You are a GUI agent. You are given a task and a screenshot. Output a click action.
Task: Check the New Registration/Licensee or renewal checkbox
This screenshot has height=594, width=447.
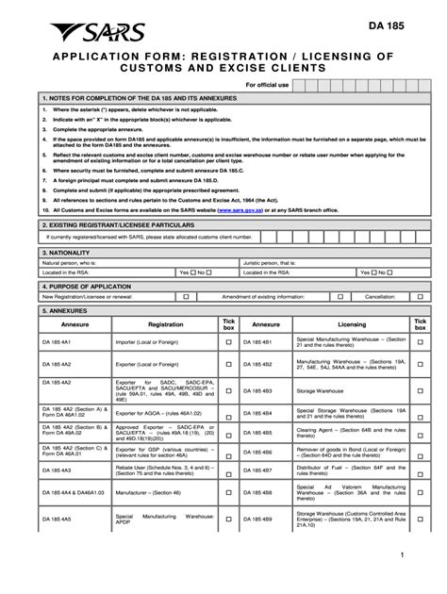coord(186,296)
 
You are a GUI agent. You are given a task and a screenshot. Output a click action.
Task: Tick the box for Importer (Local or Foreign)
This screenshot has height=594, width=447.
coord(227,341)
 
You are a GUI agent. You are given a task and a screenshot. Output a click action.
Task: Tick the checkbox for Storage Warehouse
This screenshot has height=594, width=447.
coord(421,389)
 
